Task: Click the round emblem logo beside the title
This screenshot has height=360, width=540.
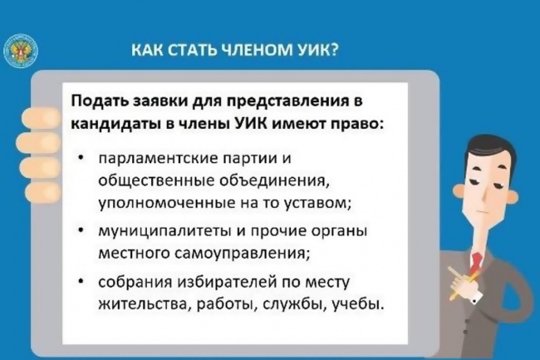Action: pos(21,51)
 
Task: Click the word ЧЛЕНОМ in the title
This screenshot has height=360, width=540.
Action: pos(257,51)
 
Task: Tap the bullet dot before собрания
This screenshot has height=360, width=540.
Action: pos(81,282)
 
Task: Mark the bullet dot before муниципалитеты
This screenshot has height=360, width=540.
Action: pos(81,230)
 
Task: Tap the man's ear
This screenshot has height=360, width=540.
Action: pos(511,197)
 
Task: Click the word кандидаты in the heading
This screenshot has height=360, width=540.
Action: pos(116,124)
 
